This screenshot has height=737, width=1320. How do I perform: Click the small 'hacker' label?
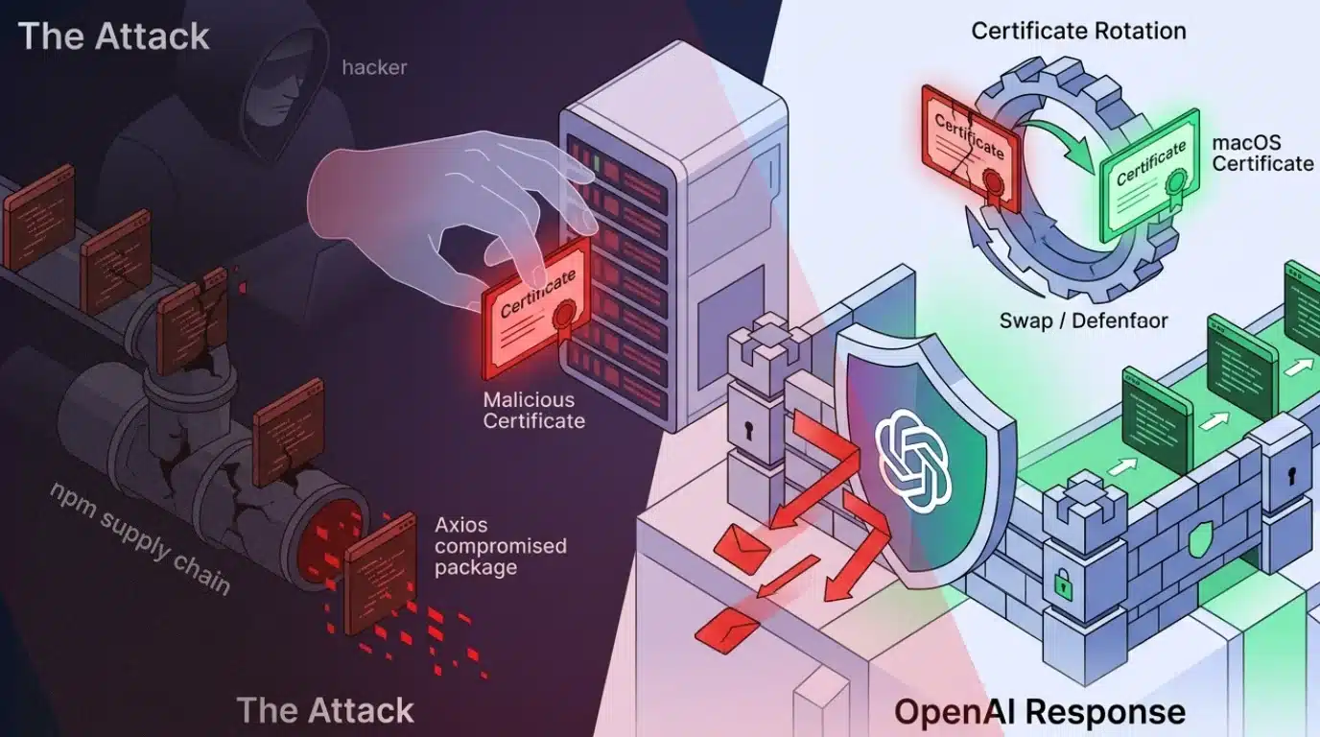pos(374,68)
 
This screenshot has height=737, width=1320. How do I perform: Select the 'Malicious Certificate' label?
pos(533,410)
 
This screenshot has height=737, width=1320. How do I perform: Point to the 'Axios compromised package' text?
pos(500,546)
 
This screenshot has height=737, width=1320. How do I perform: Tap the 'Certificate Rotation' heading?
pos(1078,31)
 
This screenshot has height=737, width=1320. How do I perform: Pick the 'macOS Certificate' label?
pos(1261,154)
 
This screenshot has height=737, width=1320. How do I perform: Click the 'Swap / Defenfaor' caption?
pos(1084,321)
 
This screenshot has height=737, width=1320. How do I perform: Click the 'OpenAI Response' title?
pos(1040,712)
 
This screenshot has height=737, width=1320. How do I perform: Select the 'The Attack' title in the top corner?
pos(113,36)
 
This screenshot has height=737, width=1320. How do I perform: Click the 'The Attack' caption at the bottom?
pos(325,710)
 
